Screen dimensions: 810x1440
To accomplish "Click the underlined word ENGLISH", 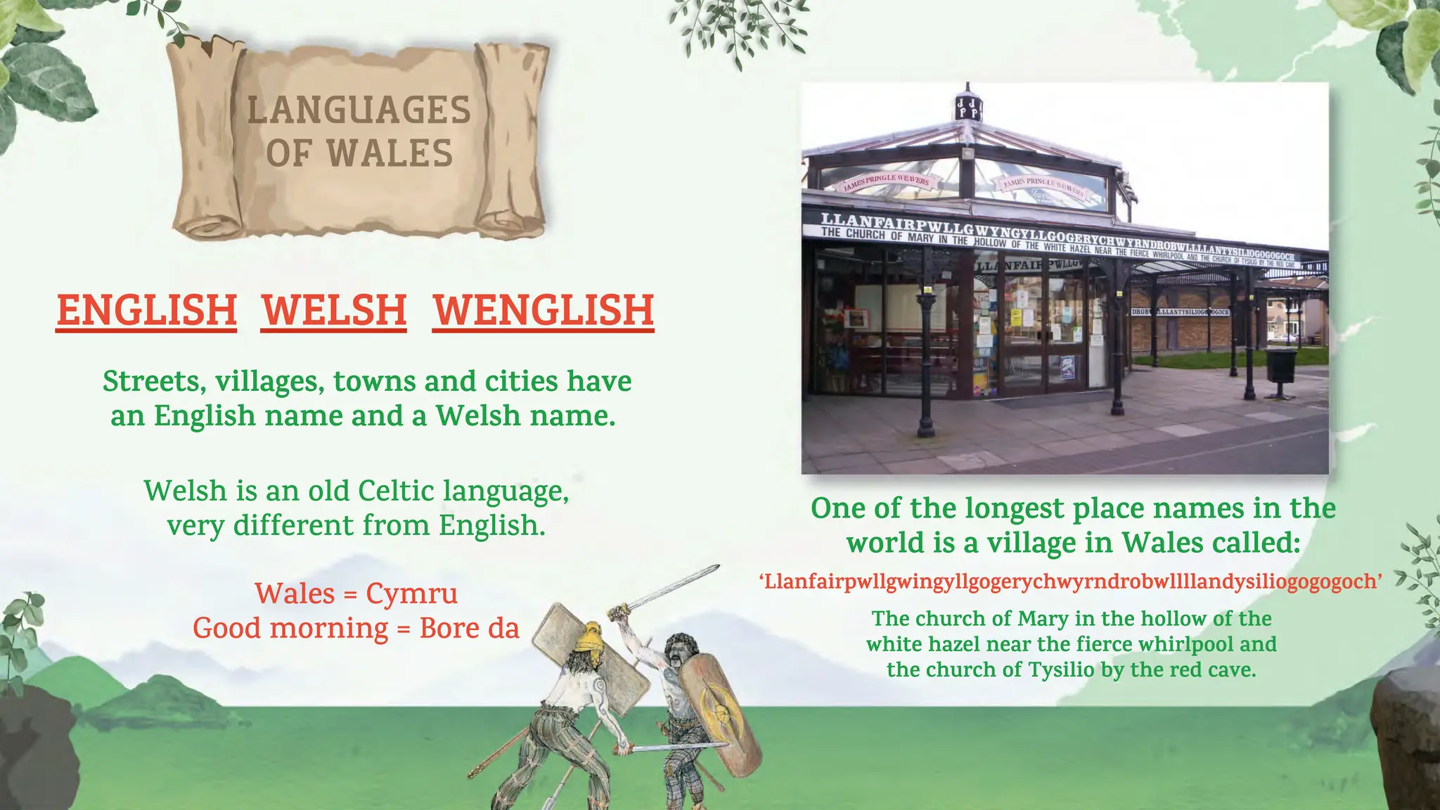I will tap(146, 310).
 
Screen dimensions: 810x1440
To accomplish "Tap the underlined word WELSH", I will tap(334, 310).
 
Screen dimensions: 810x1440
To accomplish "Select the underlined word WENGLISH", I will tap(543, 310).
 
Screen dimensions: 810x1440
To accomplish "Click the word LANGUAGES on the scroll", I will tap(359, 110).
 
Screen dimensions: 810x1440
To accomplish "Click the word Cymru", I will tap(411, 593).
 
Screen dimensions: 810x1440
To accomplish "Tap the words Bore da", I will tap(469, 628).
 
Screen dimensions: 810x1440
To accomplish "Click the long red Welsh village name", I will tap(1070, 581).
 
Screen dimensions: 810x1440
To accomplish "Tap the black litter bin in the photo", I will tap(1280, 365).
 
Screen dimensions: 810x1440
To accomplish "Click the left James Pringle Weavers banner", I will tap(887, 181).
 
